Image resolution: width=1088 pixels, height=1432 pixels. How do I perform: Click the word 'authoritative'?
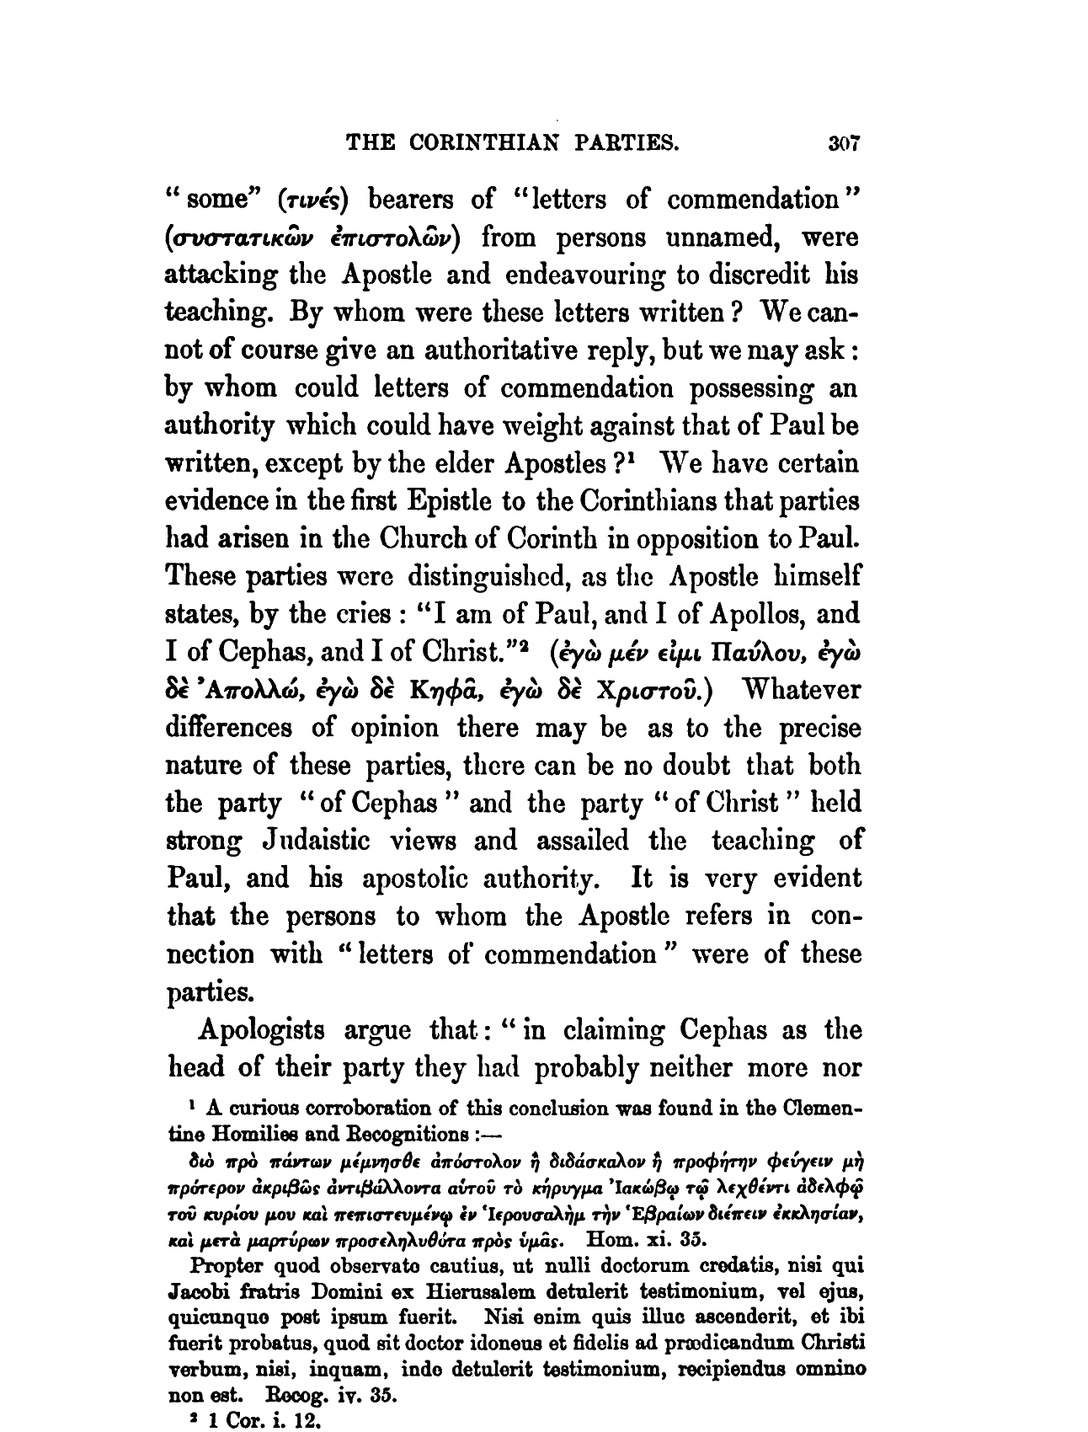(479, 351)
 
